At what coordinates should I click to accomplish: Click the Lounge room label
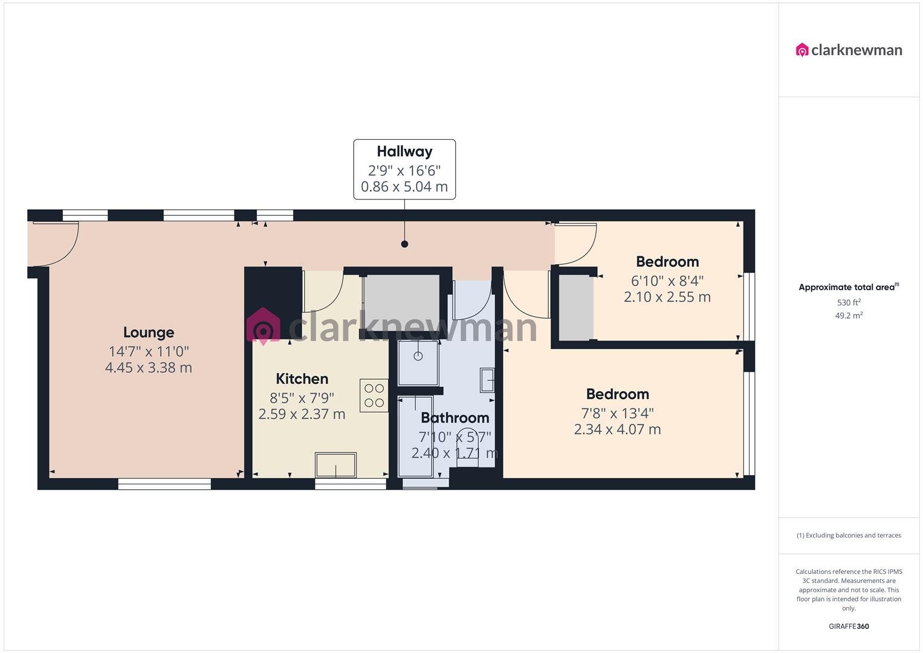(149, 332)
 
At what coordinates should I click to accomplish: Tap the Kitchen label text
(302, 378)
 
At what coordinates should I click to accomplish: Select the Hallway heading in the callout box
(404, 151)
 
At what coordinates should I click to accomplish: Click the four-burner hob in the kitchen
(374, 395)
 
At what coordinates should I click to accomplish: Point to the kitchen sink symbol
(335, 466)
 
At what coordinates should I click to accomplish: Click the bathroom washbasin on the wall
(487, 380)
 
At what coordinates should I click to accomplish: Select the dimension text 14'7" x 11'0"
(149, 351)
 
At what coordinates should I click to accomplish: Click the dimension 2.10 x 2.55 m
(667, 297)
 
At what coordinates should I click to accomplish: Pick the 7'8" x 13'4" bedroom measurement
(617, 413)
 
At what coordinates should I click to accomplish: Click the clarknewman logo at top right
(849, 50)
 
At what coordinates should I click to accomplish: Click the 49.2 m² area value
(849, 315)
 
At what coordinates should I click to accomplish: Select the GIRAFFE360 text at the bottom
(849, 626)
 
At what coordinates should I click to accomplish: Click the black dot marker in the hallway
(404, 244)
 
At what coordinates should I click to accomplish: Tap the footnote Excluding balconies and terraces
(849, 535)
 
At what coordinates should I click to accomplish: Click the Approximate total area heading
(848, 287)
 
